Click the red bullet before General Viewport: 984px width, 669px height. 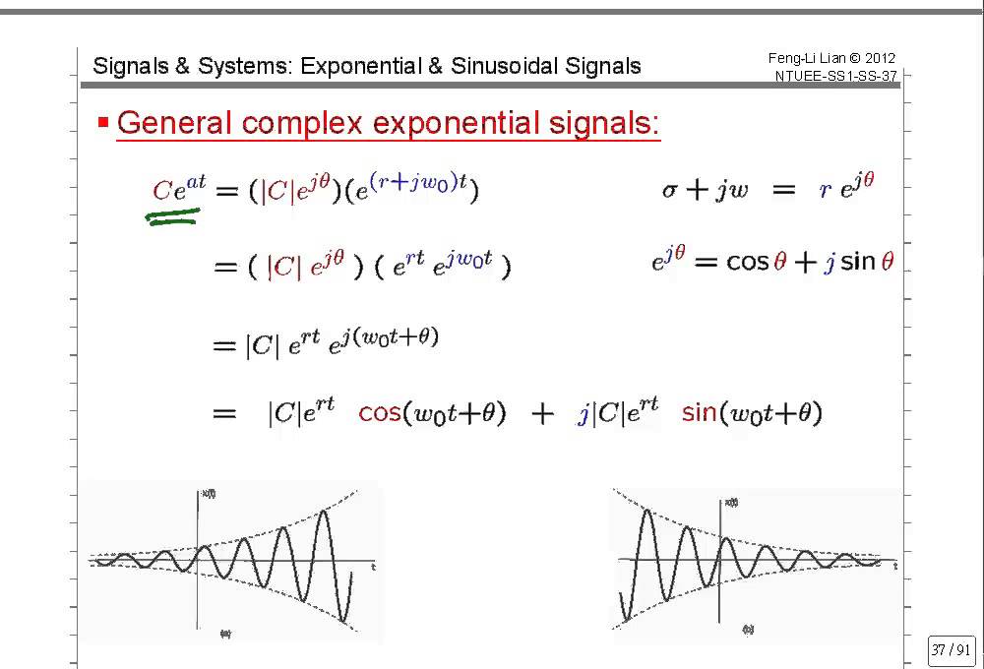click(102, 123)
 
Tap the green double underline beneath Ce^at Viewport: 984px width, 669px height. click(173, 217)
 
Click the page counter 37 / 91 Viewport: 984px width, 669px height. click(950, 650)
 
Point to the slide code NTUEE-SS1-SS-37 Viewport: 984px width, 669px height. click(834, 76)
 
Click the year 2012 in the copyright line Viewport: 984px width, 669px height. click(879, 58)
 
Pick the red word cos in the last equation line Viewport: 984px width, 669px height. click(379, 413)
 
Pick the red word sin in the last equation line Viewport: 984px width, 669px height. click(699, 413)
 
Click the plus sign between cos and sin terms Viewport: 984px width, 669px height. click(542, 414)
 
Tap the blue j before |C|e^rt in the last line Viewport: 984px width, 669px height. click(584, 415)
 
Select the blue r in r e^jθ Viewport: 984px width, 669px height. click(825, 191)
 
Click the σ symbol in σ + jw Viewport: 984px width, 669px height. click(670, 191)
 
